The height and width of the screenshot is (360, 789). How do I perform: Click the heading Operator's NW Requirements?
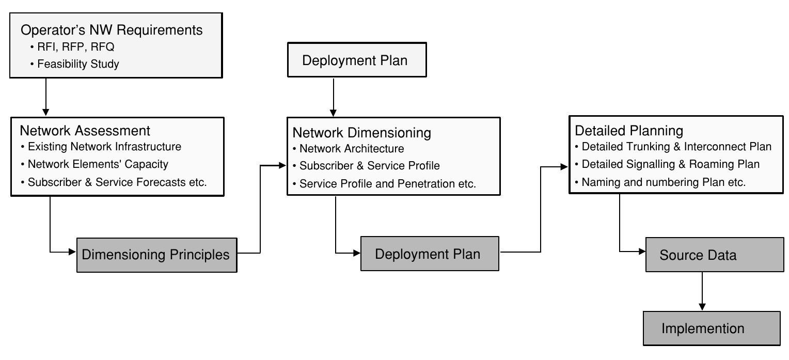point(112,30)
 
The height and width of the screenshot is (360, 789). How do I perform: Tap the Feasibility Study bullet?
point(78,65)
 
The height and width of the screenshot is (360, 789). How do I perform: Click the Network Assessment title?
point(85,130)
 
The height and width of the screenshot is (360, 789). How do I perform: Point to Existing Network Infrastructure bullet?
point(104,147)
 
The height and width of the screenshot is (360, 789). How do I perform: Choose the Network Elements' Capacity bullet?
point(98,164)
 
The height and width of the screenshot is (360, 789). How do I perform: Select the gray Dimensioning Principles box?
point(156,255)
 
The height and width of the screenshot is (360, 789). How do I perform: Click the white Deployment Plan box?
point(355,61)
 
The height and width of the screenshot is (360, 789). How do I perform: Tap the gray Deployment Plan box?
point(430,254)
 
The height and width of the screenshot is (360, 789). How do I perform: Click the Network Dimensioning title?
point(361,133)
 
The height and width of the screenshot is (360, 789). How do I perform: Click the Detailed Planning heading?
point(629,130)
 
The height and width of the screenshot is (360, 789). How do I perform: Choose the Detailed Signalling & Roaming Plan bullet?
point(670,164)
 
